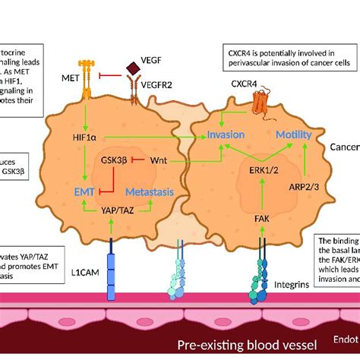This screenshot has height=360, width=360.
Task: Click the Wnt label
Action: (159, 160)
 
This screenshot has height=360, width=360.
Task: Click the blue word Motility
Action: (293, 134)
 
